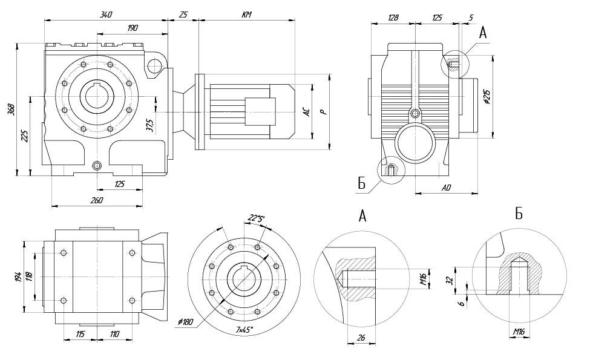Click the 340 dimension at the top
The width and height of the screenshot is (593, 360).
pyautogui.click(x=106, y=15)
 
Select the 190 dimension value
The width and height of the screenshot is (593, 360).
pyautogui.click(x=133, y=28)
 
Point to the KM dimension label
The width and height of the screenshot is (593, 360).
pyautogui.click(x=246, y=15)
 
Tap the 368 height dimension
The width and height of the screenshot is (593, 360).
pyautogui.click(x=11, y=110)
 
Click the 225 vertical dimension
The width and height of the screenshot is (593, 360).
pyautogui.click(x=25, y=136)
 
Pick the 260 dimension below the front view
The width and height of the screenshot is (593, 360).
pyautogui.click(x=97, y=200)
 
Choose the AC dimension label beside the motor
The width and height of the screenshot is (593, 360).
pyautogui.click(x=307, y=112)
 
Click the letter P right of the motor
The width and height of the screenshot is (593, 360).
pyautogui.click(x=324, y=112)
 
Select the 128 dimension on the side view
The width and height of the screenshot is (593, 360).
pyautogui.click(x=392, y=18)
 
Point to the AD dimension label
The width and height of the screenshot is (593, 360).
pyautogui.click(x=446, y=188)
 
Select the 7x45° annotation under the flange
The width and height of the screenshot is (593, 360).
pyautogui.click(x=244, y=330)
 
